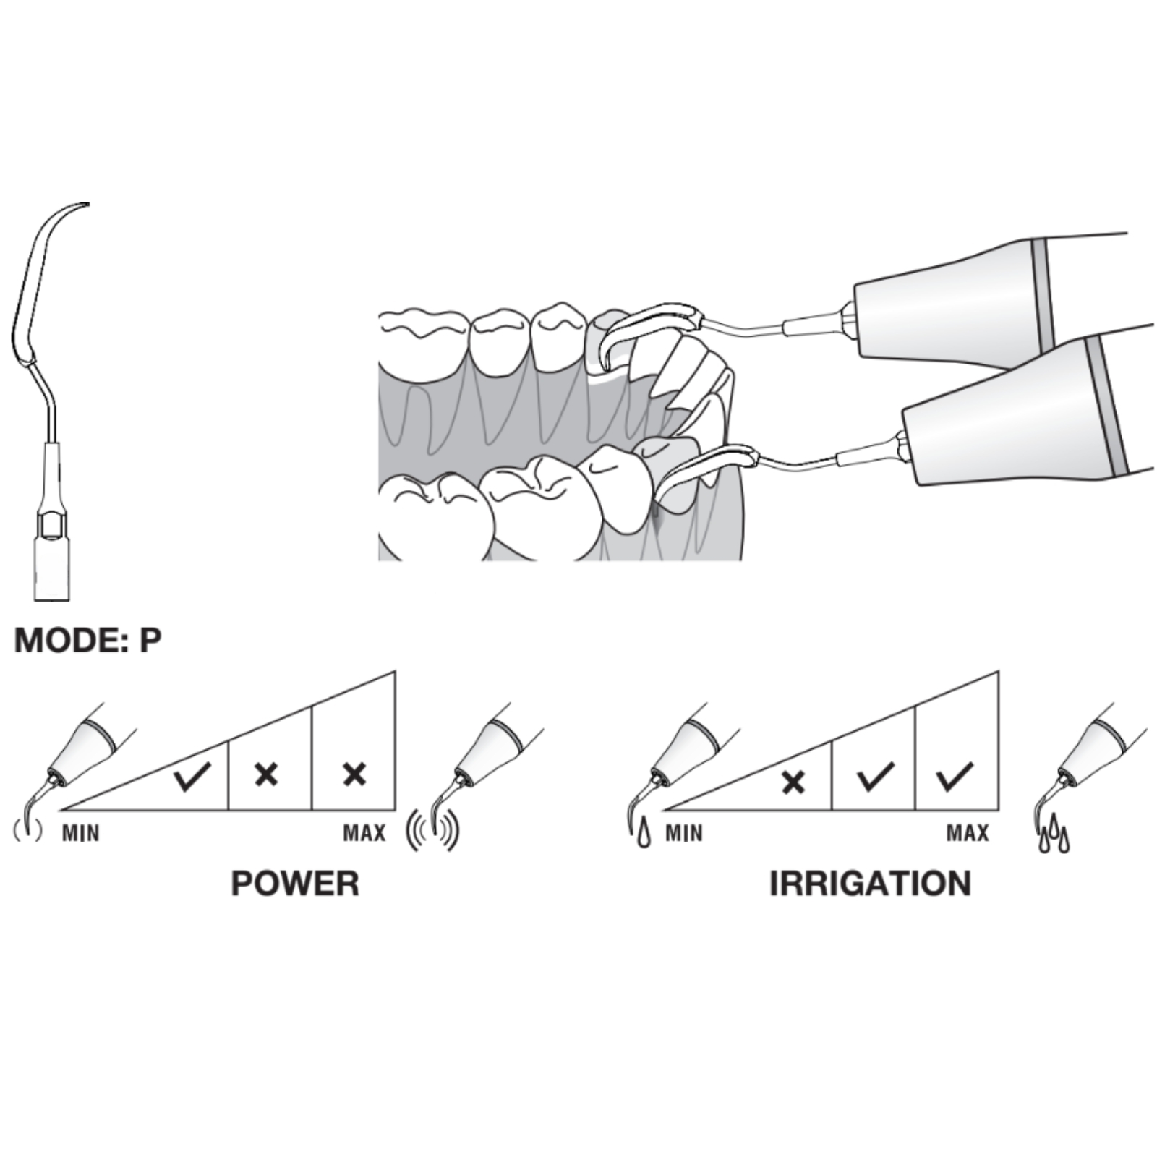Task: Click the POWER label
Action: click(x=295, y=884)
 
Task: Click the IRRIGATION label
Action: click(x=870, y=884)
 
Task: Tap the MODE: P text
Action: click(x=87, y=640)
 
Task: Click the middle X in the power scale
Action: click(x=267, y=775)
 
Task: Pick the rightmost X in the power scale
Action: click(x=354, y=775)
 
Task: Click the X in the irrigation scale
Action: click(x=794, y=782)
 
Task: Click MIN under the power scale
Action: click(x=80, y=834)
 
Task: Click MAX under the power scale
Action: click(x=364, y=834)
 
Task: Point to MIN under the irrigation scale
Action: click(x=684, y=834)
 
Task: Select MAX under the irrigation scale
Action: click(x=968, y=834)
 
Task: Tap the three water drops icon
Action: click(x=1054, y=833)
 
